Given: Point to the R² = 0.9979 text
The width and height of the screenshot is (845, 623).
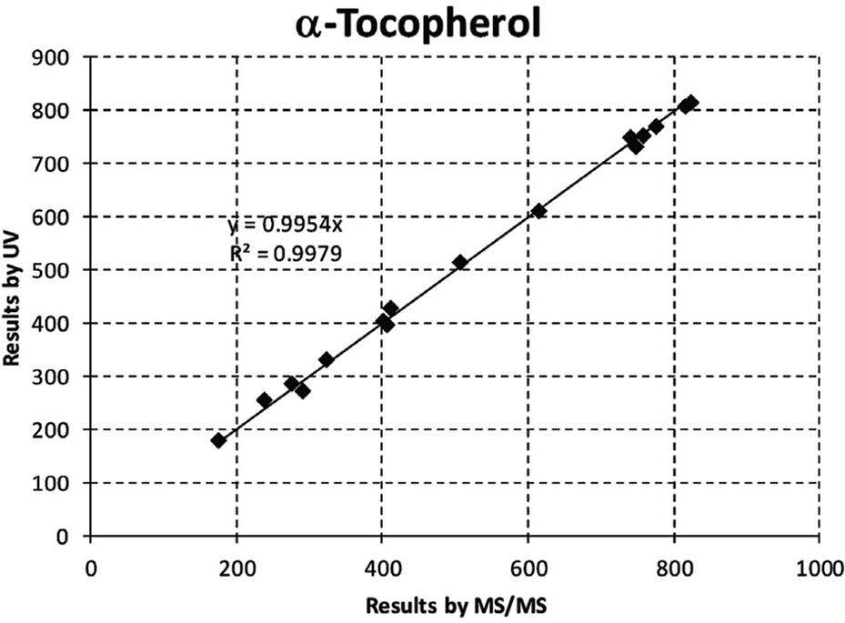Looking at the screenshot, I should [x=286, y=254].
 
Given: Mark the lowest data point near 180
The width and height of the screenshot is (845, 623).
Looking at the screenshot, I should [x=218, y=440].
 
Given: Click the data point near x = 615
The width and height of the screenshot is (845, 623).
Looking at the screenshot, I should [x=539, y=211].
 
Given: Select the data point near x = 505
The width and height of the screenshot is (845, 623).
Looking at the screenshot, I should [x=460, y=262].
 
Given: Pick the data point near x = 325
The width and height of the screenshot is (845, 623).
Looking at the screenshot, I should [x=327, y=360].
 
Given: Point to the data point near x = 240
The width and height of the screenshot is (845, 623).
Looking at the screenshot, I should [x=265, y=400].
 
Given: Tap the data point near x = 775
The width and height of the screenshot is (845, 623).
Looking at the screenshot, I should [x=656, y=126].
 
